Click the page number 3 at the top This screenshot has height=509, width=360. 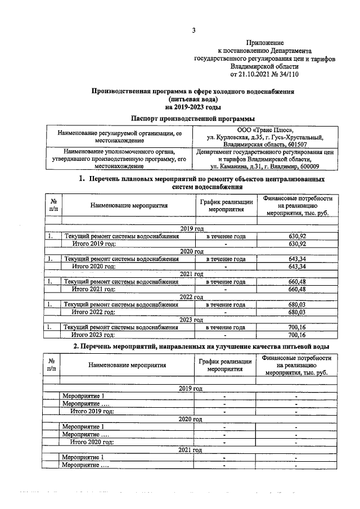pyautogui.click(x=193, y=30)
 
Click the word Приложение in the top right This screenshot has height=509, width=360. pyautogui.click(x=264, y=43)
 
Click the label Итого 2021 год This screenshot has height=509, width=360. pyautogui.click(x=93, y=289)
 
